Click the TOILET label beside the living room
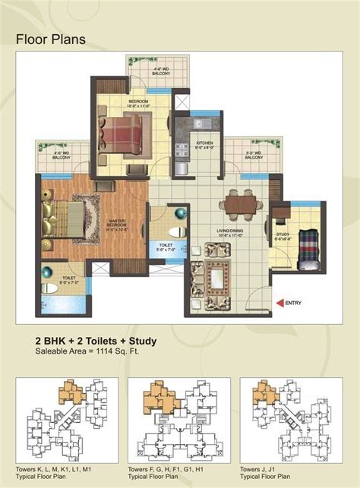pos(165,247)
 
